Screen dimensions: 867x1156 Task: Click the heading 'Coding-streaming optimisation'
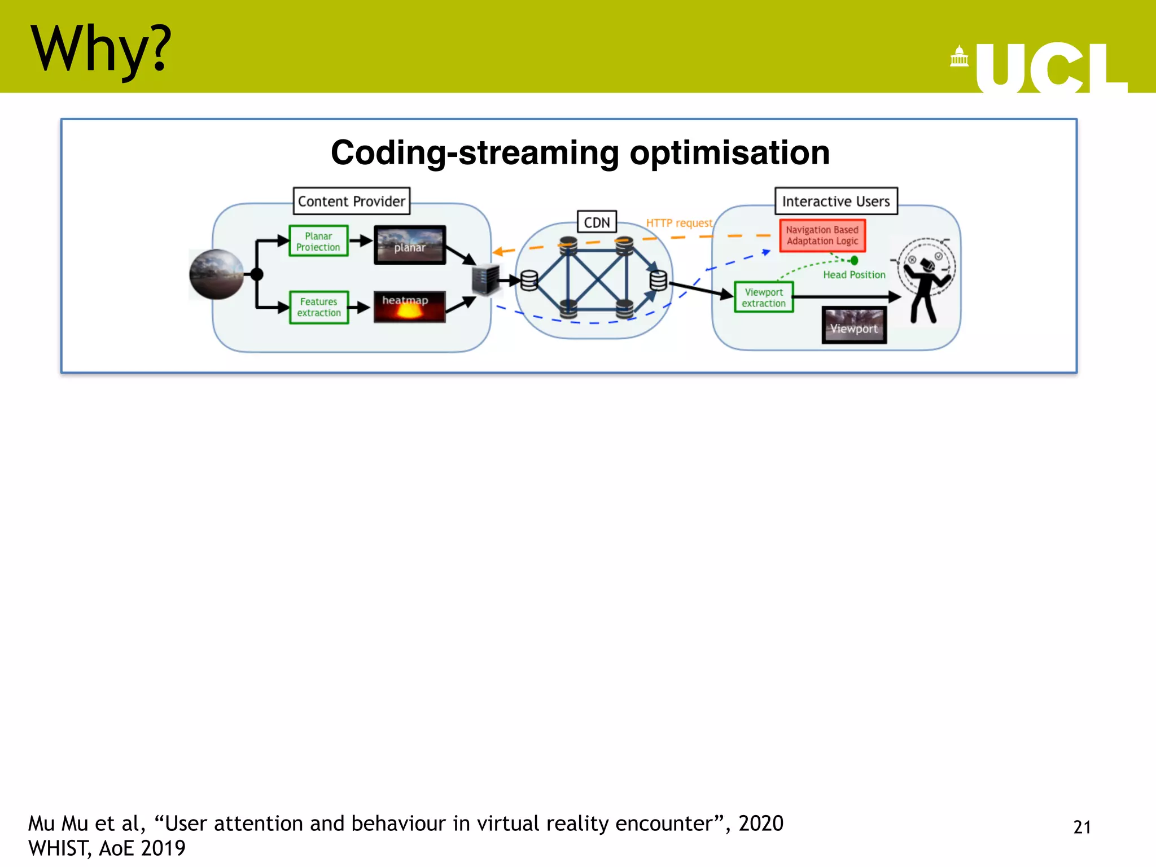(x=580, y=152)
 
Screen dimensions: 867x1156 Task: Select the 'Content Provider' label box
(x=351, y=202)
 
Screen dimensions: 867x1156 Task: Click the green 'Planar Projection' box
(x=318, y=242)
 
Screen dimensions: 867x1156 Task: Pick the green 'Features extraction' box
(x=319, y=308)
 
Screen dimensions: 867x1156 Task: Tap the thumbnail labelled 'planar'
(x=410, y=246)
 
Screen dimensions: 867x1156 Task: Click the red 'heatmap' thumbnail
(x=409, y=307)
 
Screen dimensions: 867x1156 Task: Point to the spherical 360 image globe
(x=216, y=274)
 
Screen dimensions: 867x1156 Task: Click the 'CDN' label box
(x=597, y=222)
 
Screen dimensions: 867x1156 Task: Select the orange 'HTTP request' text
(x=679, y=224)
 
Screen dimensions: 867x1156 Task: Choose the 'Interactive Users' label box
(x=835, y=202)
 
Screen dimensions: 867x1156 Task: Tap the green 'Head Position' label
(x=853, y=275)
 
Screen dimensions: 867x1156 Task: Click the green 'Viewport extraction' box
(x=764, y=297)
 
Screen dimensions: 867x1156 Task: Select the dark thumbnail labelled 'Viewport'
(x=853, y=326)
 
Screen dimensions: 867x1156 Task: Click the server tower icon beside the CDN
(x=486, y=279)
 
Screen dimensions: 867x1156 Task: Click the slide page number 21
(x=1081, y=827)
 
